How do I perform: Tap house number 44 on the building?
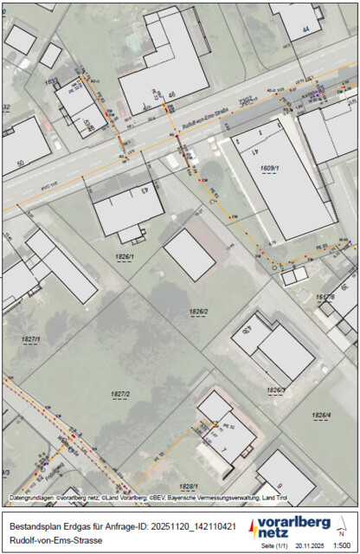tap(305, 29)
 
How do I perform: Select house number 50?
tap(20, 161)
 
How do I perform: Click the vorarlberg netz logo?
tap(290, 525)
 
